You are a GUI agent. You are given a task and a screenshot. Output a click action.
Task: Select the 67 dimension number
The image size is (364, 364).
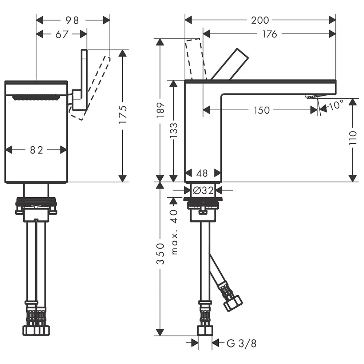(62, 34)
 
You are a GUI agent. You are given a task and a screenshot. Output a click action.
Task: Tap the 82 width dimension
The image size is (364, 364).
(36, 150)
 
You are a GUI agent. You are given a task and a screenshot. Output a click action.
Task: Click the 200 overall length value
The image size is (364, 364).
(260, 20)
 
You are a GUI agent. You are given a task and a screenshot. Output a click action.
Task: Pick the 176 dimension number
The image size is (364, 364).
(269, 34)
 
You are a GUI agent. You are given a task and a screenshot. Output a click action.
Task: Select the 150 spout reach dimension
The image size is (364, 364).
(261, 110)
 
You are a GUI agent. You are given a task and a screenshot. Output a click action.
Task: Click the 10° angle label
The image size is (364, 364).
(336, 105)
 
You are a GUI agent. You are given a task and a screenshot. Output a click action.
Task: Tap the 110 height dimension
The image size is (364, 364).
(353, 138)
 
